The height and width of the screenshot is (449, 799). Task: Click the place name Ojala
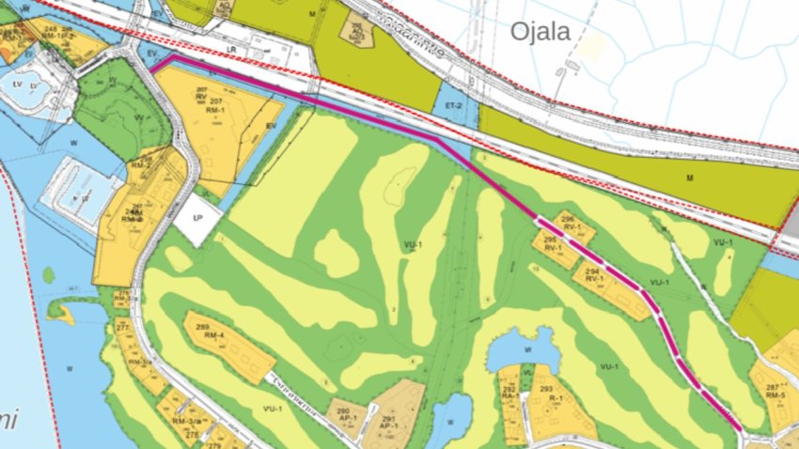tap(540, 31)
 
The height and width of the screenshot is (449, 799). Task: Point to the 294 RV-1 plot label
tap(593, 274)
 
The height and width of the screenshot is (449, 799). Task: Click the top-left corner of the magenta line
tap(172, 56)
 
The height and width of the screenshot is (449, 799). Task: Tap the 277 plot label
tap(122, 327)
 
